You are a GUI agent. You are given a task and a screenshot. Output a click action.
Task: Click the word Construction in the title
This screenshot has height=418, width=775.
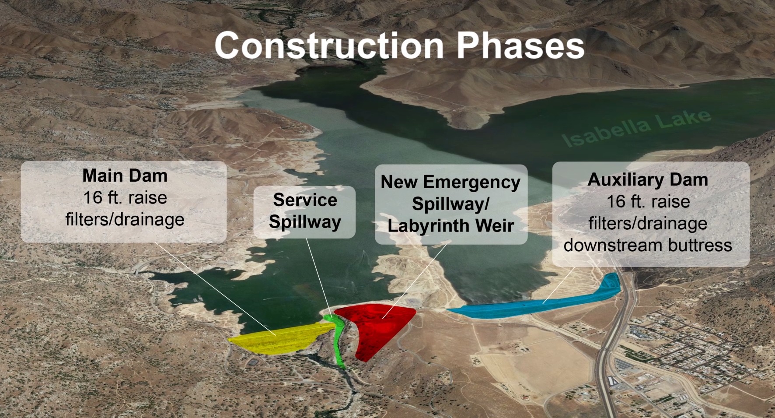[329, 45]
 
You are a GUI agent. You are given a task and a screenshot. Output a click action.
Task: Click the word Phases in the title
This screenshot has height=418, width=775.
[520, 45]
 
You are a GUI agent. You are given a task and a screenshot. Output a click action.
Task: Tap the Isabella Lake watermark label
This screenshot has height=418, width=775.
[636, 129]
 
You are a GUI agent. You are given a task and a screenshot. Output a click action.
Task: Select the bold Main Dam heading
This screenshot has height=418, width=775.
[125, 176]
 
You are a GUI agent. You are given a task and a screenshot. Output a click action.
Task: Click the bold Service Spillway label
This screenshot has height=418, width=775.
[305, 211]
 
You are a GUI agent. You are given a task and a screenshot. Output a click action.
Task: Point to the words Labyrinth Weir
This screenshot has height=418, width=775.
[450, 226]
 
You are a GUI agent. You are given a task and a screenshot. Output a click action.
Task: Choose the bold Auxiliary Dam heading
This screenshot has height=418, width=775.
[648, 180]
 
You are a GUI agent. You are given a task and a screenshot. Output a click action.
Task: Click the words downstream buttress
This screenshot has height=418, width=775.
[648, 245]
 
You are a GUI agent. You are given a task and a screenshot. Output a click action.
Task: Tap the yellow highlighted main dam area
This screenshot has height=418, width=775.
[280, 339]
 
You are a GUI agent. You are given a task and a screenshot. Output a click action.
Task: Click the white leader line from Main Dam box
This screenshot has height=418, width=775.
[215, 289]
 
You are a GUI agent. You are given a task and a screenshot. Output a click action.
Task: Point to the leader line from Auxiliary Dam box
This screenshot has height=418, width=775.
[559, 285]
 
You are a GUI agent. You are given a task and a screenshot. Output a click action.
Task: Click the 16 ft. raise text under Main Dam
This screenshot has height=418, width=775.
[125, 198]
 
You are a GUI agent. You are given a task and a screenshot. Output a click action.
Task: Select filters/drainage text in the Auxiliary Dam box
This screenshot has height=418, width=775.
[648, 223]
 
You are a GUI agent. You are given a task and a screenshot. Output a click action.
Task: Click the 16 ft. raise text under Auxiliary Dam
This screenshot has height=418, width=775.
[648, 202]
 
